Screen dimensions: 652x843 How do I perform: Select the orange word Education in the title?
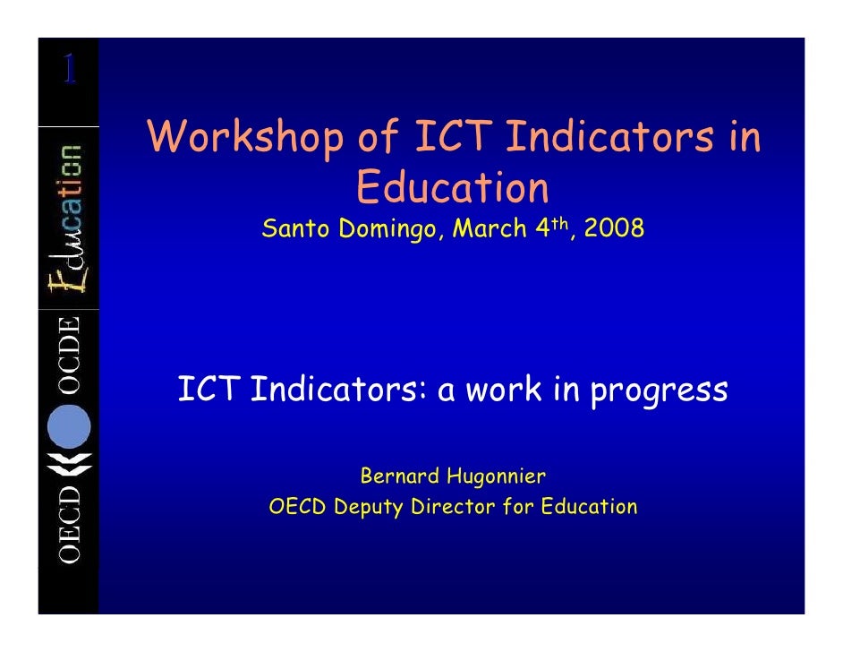[x=452, y=187]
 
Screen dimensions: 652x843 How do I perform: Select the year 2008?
[x=613, y=229]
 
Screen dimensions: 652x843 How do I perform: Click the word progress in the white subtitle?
[x=658, y=391]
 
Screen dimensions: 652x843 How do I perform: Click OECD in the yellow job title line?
[x=298, y=507]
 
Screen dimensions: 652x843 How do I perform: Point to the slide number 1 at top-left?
[x=68, y=69]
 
